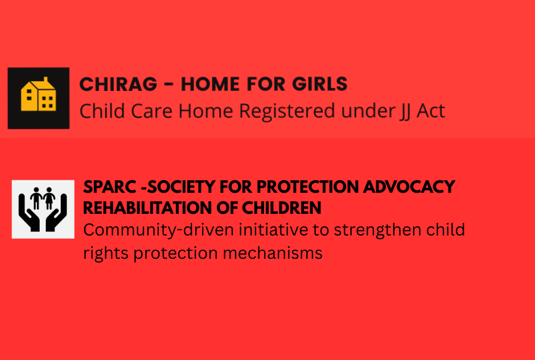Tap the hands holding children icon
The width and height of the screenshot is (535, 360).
click(43, 209)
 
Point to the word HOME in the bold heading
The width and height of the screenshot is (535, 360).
click(210, 84)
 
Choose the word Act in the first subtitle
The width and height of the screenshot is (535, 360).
click(431, 111)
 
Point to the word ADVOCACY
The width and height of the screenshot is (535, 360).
click(409, 187)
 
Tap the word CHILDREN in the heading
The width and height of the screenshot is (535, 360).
click(282, 208)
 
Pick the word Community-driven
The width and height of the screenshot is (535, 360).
click(158, 231)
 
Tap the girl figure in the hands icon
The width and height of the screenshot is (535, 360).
click(50, 198)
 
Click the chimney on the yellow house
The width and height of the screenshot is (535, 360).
click(46, 80)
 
